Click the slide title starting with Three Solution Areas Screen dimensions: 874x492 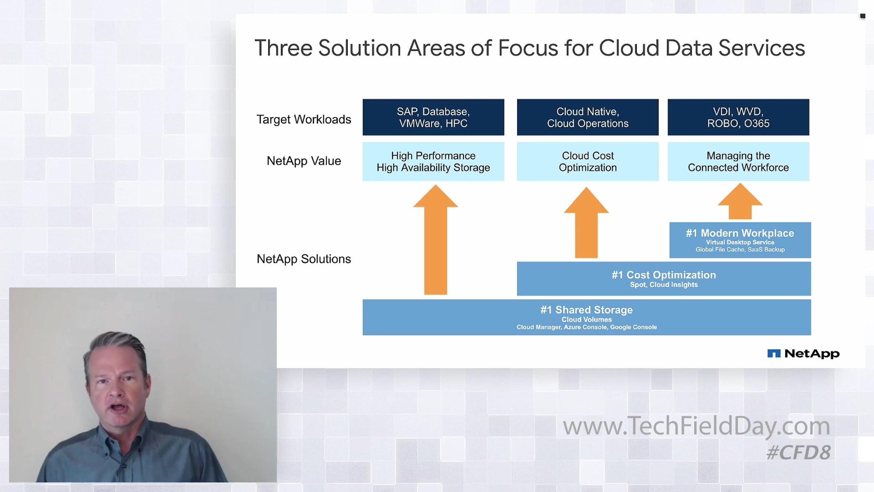pos(529,48)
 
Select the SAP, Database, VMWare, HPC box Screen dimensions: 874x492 pos(433,117)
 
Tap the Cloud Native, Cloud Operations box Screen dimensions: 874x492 pos(588,117)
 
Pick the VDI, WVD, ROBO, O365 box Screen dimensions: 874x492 pos(739,117)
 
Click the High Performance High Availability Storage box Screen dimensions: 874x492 pos(433,161)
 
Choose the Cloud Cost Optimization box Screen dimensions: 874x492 pos(588,161)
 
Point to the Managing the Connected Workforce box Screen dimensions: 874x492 pos(739,161)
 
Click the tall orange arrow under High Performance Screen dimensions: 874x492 pos(436,239)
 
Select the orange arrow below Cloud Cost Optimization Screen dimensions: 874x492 pos(586,223)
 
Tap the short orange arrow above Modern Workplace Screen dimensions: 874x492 pos(740,201)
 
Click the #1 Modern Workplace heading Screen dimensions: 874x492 pos(740,233)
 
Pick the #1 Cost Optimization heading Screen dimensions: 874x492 pos(664,275)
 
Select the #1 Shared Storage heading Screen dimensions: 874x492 pos(587,310)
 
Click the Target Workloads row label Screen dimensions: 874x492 pos(304,120)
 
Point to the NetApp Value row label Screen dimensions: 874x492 pos(304,161)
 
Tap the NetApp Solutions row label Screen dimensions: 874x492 pos(304,259)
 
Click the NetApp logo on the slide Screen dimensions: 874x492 pos(803,354)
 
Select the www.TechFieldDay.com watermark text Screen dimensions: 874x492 pos(696,426)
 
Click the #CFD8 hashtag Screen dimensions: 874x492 pos(799,452)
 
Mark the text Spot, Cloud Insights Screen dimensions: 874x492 pos(664,285)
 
